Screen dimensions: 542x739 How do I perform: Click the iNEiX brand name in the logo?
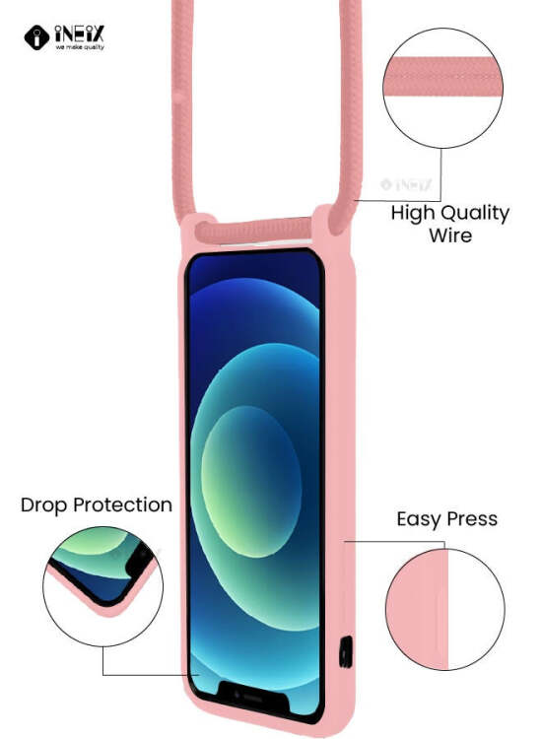point(79,34)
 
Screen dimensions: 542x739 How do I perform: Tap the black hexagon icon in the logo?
point(36,37)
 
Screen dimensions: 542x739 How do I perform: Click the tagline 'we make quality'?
point(80,47)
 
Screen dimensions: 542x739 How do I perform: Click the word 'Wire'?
point(450,235)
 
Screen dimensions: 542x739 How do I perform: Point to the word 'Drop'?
point(43,505)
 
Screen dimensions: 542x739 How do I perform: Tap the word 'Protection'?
point(123,504)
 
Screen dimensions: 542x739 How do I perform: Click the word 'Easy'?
point(419,520)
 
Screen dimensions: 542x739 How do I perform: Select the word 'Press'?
point(472,519)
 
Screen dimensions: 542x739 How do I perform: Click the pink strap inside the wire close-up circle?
point(443,76)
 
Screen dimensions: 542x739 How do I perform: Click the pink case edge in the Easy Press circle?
point(417,609)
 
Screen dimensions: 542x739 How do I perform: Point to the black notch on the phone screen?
point(253,697)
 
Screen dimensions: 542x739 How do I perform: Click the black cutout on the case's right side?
point(346,652)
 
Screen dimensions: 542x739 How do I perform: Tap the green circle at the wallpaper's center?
point(250,481)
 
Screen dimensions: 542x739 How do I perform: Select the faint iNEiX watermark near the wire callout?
point(406,184)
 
